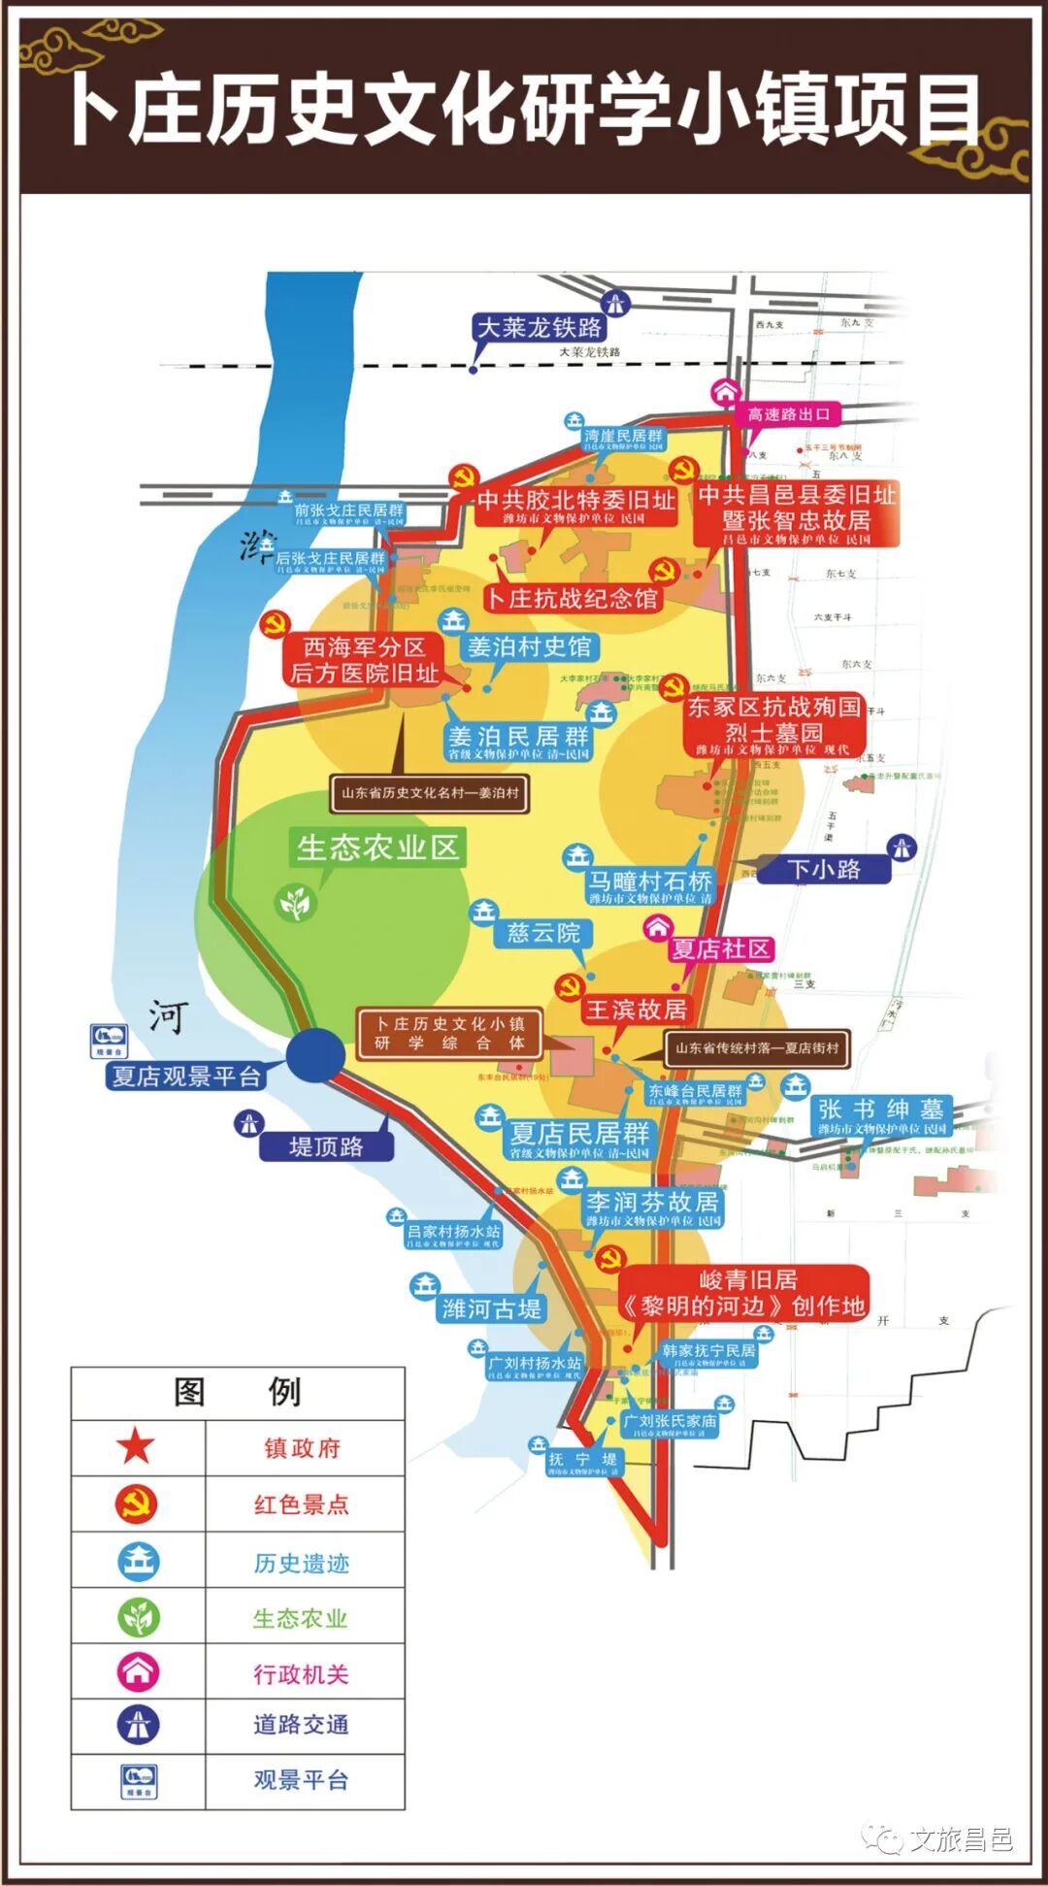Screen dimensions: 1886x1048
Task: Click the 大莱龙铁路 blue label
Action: [540, 328]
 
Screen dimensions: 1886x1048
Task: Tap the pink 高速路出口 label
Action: [789, 414]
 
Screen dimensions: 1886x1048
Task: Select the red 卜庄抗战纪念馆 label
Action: [573, 599]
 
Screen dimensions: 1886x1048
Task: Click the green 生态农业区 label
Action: [377, 847]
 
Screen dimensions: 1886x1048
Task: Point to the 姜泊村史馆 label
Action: [529, 646]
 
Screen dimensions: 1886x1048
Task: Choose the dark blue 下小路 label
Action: [823, 869]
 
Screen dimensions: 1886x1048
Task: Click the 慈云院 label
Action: [542, 934]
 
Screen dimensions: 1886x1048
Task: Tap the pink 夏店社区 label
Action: [721, 949]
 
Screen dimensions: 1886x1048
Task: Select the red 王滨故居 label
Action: [636, 1010]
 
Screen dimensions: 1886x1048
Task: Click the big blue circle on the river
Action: [315, 1055]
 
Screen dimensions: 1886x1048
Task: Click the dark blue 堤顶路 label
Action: [326, 1146]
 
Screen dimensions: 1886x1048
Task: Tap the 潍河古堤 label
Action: [491, 1308]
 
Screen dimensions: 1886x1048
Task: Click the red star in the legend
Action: [136, 1447]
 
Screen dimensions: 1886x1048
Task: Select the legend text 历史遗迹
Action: [302, 1562]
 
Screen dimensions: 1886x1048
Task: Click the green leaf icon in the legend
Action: [138, 1617]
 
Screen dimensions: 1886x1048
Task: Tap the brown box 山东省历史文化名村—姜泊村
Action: [430, 793]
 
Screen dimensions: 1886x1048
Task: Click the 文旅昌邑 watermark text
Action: [961, 1839]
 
